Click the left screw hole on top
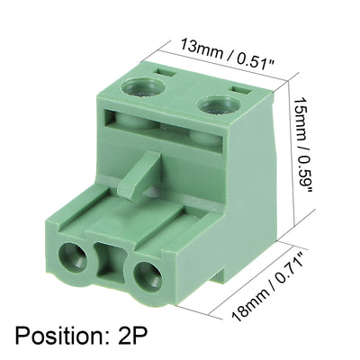pos(142,85)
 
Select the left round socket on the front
pos(72,262)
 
